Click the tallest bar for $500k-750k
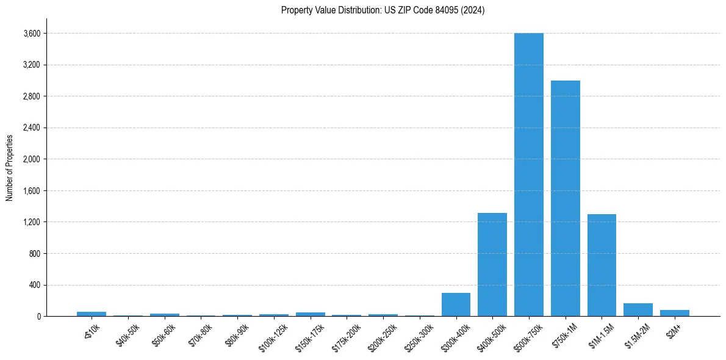[x=528, y=175]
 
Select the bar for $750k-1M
[x=565, y=198]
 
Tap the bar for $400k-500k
[x=492, y=264]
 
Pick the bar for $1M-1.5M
[x=602, y=265]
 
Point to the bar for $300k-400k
[x=456, y=304]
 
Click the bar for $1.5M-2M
[x=638, y=309]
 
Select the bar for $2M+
[x=674, y=313]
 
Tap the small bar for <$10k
[x=92, y=314]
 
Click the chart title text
[x=383, y=10]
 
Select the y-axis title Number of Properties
[x=10, y=167]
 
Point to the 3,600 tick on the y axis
[x=32, y=34]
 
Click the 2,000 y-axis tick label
[x=32, y=159]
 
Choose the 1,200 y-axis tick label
[x=32, y=222]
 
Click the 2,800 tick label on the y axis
[x=32, y=96]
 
